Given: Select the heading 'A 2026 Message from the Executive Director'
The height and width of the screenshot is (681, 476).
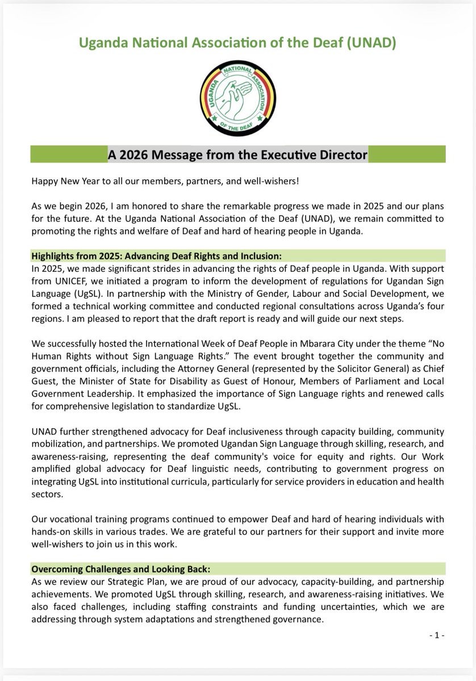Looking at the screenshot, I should click(238, 154).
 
